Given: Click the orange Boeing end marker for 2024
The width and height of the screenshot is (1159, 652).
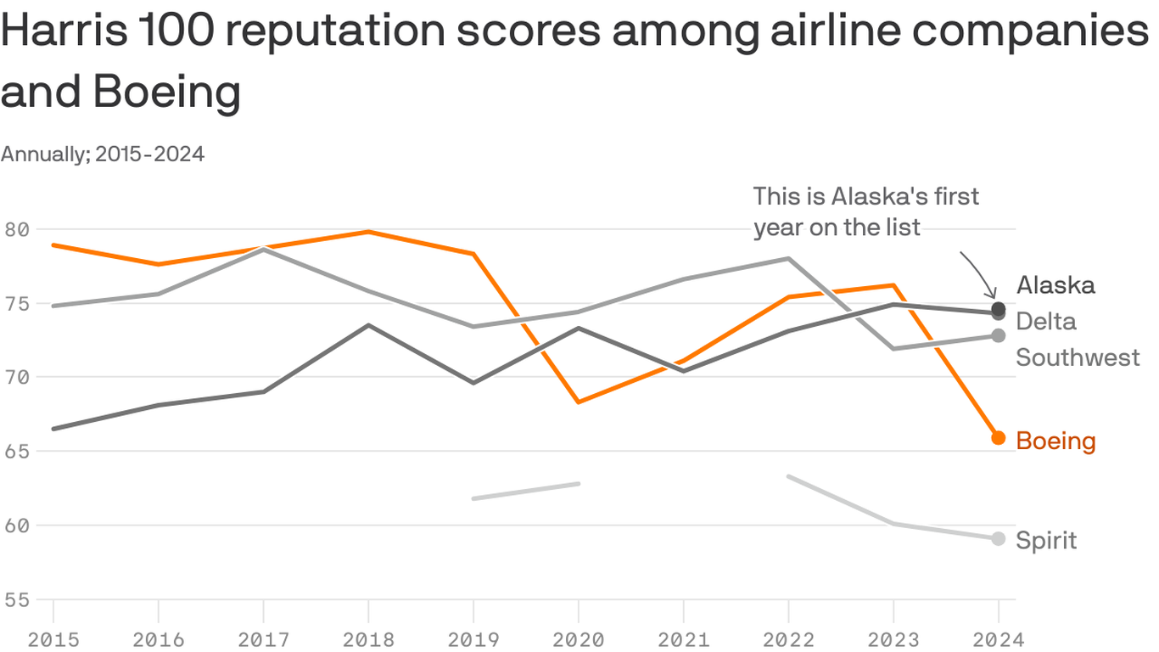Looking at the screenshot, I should (999, 438).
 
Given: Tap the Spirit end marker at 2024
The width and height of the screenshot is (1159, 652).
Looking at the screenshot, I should (999, 539).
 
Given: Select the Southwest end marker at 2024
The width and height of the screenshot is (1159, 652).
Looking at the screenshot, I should (999, 336).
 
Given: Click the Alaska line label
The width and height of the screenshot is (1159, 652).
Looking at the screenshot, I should (1055, 285).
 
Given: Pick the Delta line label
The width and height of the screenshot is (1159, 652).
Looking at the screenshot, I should (1045, 321).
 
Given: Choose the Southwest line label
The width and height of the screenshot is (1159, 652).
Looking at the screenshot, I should (1078, 357).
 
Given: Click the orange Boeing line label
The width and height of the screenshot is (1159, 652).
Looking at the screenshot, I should (1055, 441).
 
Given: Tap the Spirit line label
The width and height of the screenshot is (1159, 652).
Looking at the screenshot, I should (1046, 541).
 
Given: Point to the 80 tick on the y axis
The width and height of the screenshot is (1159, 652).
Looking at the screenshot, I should (16, 229).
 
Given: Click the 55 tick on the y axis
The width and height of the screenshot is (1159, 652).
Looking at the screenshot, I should (16, 599).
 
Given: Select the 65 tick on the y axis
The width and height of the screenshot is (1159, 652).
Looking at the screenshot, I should (16, 451).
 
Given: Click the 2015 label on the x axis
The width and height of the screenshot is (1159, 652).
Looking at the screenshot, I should (53, 638).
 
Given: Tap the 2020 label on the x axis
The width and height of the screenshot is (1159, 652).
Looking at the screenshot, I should (579, 638).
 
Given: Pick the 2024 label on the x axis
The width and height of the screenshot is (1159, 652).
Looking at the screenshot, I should (999, 638).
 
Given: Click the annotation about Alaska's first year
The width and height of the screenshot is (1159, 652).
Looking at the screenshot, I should (865, 211).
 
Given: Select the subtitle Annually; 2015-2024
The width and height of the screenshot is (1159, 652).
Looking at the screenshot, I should (103, 155).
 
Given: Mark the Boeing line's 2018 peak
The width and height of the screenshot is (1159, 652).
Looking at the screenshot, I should (368, 232).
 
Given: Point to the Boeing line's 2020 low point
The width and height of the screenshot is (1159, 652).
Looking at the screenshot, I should (579, 402).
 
